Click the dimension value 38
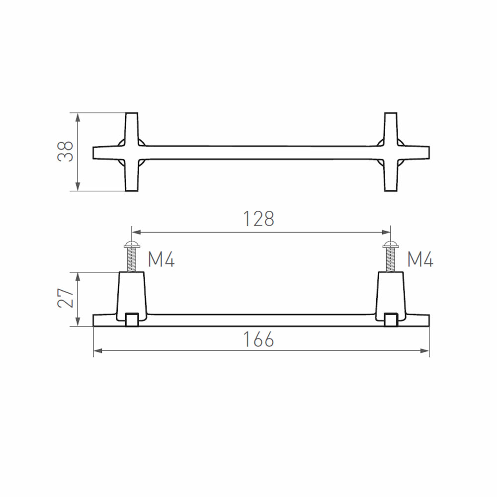click(x=66, y=152)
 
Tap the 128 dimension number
click(x=258, y=219)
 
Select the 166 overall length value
click(x=258, y=339)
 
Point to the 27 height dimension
click(x=66, y=298)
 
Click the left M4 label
click(x=161, y=259)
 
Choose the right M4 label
click(x=420, y=259)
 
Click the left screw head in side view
click(x=132, y=244)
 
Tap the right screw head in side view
click(x=391, y=244)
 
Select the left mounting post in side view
click(x=132, y=295)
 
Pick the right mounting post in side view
click(x=391, y=295)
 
